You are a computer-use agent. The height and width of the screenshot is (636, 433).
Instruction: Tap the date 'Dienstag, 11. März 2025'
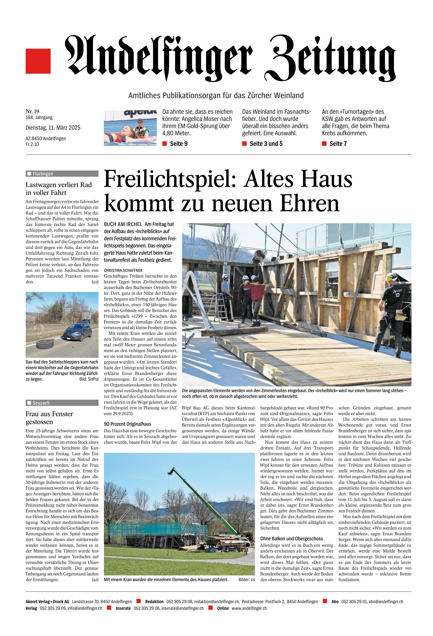pos(53,128)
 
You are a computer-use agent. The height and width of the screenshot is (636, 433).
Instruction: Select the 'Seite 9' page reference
pos(178,144)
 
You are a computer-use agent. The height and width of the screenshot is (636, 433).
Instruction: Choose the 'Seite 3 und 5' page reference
pos(266,144)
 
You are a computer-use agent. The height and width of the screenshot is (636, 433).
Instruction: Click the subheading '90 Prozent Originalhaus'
pos(128,424)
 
